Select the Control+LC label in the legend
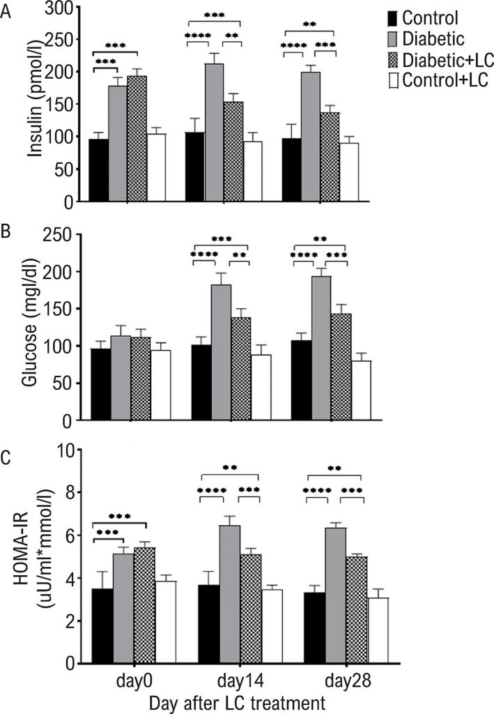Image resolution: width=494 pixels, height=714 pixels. coord(445,80)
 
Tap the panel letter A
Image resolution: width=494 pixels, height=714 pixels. coord(6,13)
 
